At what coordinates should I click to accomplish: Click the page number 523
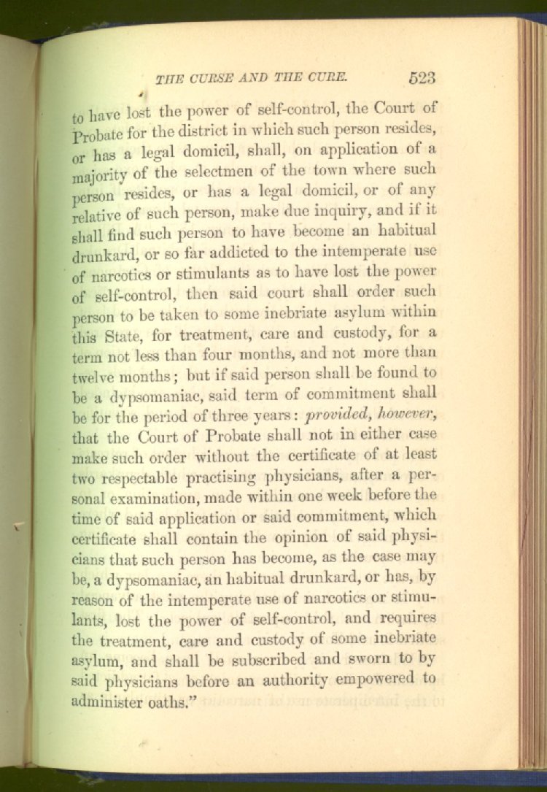tap(422, 78)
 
